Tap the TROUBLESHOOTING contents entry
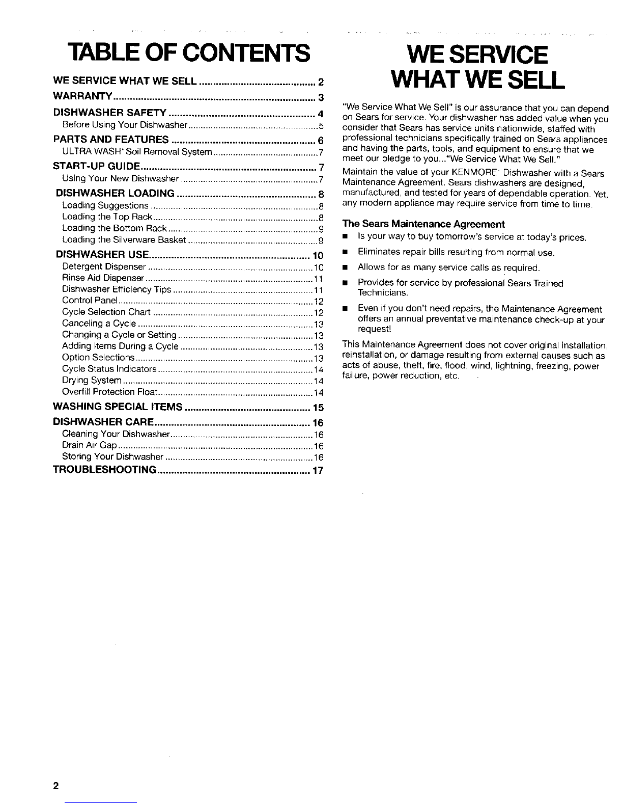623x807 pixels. [x=104, y=470]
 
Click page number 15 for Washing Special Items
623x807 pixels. [x=318, y=408]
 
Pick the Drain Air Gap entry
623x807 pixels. [x=90, y=446]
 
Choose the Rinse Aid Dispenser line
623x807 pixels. [x=103, y=278]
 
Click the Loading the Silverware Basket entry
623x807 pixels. [x=123, y=240]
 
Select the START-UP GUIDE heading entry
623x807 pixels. [x=97, y=166]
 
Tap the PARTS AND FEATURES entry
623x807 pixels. [x=111, y=140]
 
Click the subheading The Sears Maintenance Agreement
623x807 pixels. [x=424, y=224]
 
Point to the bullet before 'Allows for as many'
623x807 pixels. [x=345, y=267]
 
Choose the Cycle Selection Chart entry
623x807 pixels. [x=106, y=312]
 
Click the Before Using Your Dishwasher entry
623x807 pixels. [x=125, y=125]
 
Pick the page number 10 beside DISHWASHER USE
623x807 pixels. [x=318, y=255]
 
